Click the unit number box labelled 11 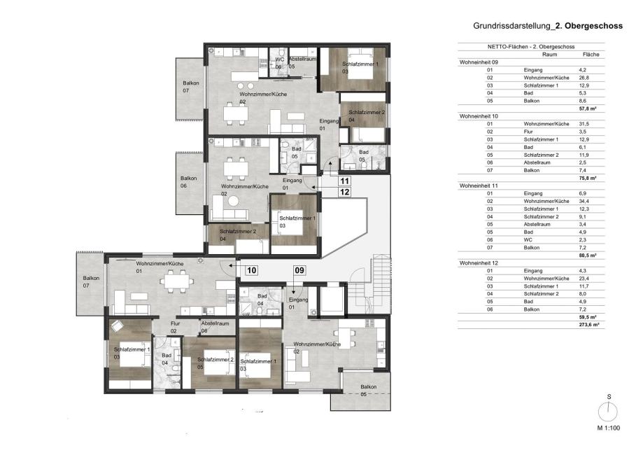coord(344,181)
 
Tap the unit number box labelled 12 coord(344,192)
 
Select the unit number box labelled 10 coord(251,270)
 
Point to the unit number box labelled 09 coord(299,270)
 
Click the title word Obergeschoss coord(593,25)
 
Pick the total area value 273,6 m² coord(589,325)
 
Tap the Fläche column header coord(591,54)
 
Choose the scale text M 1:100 coord(609,428)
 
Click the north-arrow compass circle coord(608,412)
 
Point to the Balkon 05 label coord(368,391)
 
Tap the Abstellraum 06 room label coord(215,327)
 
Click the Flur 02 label coord(175,327)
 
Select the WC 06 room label coord(280,63)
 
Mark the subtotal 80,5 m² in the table coord(588,255)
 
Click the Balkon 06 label coord(188,182)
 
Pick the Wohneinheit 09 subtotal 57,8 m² coord(588,108)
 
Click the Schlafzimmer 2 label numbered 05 coord(215,363)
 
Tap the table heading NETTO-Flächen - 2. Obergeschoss coord(531,47)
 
